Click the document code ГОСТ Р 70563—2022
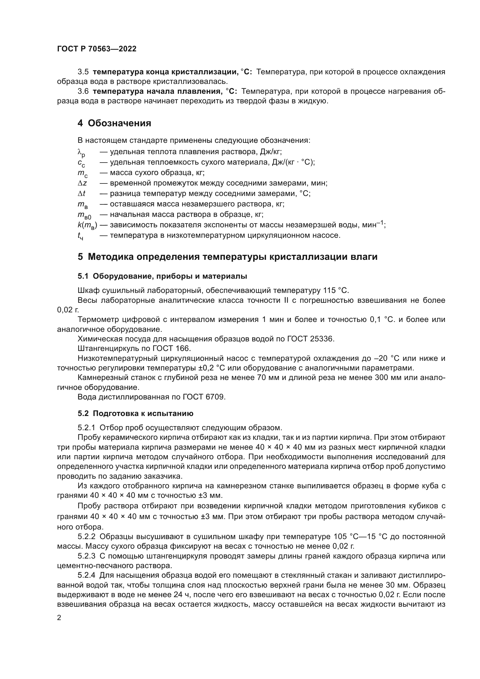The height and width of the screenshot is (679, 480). tap(97, 49)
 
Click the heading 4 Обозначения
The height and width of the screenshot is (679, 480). tap(114, 123)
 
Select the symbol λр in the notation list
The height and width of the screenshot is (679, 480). tap(81, 152)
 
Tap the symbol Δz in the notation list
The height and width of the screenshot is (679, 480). tap(82, 183)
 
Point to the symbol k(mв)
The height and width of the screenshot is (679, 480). tap(87, 225)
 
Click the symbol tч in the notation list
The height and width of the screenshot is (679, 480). tap(80, 236)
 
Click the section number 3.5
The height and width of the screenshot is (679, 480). tap(83, 72)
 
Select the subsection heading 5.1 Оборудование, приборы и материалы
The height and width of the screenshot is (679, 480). tap(162, 276)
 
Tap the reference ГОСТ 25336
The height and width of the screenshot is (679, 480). tap(311, 339)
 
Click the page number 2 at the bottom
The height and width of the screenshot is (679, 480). tap(59, 618)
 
